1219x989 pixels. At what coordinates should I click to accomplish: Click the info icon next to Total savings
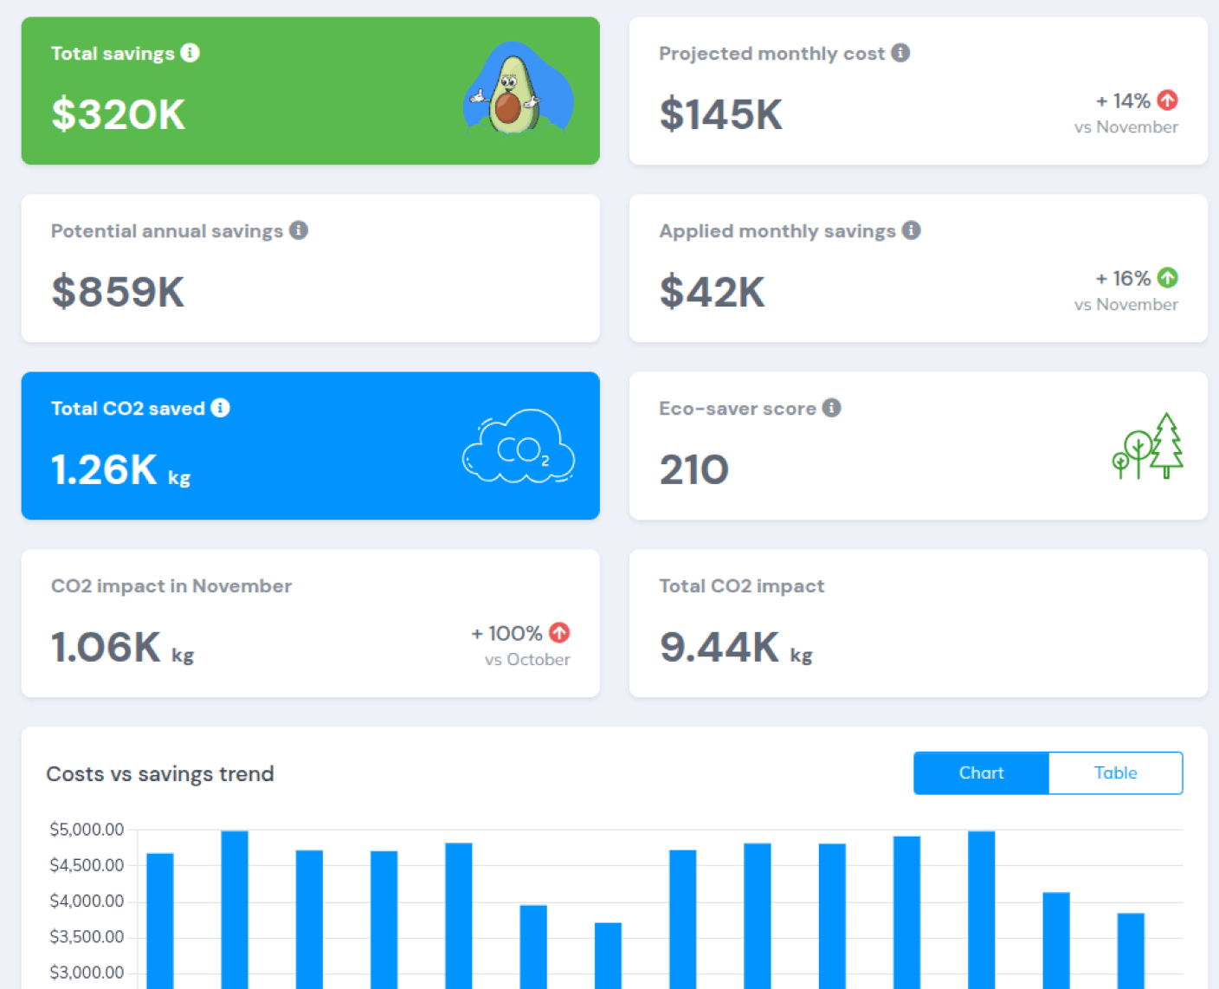(190, 53)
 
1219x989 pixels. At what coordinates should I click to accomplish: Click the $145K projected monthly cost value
(720, 114)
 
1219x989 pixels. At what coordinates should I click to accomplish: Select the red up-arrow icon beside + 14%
(1168, 100)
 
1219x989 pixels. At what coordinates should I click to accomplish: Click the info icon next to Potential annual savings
(299, 230)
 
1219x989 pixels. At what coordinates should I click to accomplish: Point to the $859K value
(118, 292)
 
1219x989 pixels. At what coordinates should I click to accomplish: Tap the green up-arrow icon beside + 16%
(1168, 278)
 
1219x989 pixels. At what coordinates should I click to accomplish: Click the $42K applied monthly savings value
(712, 292)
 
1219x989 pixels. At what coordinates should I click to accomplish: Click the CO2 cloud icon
(519, 446)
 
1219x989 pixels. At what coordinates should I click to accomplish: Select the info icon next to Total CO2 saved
(220, 408)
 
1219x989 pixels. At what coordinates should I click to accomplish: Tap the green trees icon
(1147, 446)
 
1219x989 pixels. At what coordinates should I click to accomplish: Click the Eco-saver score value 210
(694, 470)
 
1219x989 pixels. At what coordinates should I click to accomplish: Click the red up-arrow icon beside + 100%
(559, 632)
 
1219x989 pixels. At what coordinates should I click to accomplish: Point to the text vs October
(527, 659)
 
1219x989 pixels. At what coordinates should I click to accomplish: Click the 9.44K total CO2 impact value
(719, 647)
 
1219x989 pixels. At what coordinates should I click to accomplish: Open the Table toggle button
(1115, 772)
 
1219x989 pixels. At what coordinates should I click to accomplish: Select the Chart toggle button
(982, 772)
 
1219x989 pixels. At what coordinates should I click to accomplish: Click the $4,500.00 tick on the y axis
(87, 865)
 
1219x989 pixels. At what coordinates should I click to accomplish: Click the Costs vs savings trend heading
(160, 774)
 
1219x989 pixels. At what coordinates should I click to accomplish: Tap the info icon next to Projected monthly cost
(900, 53)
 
